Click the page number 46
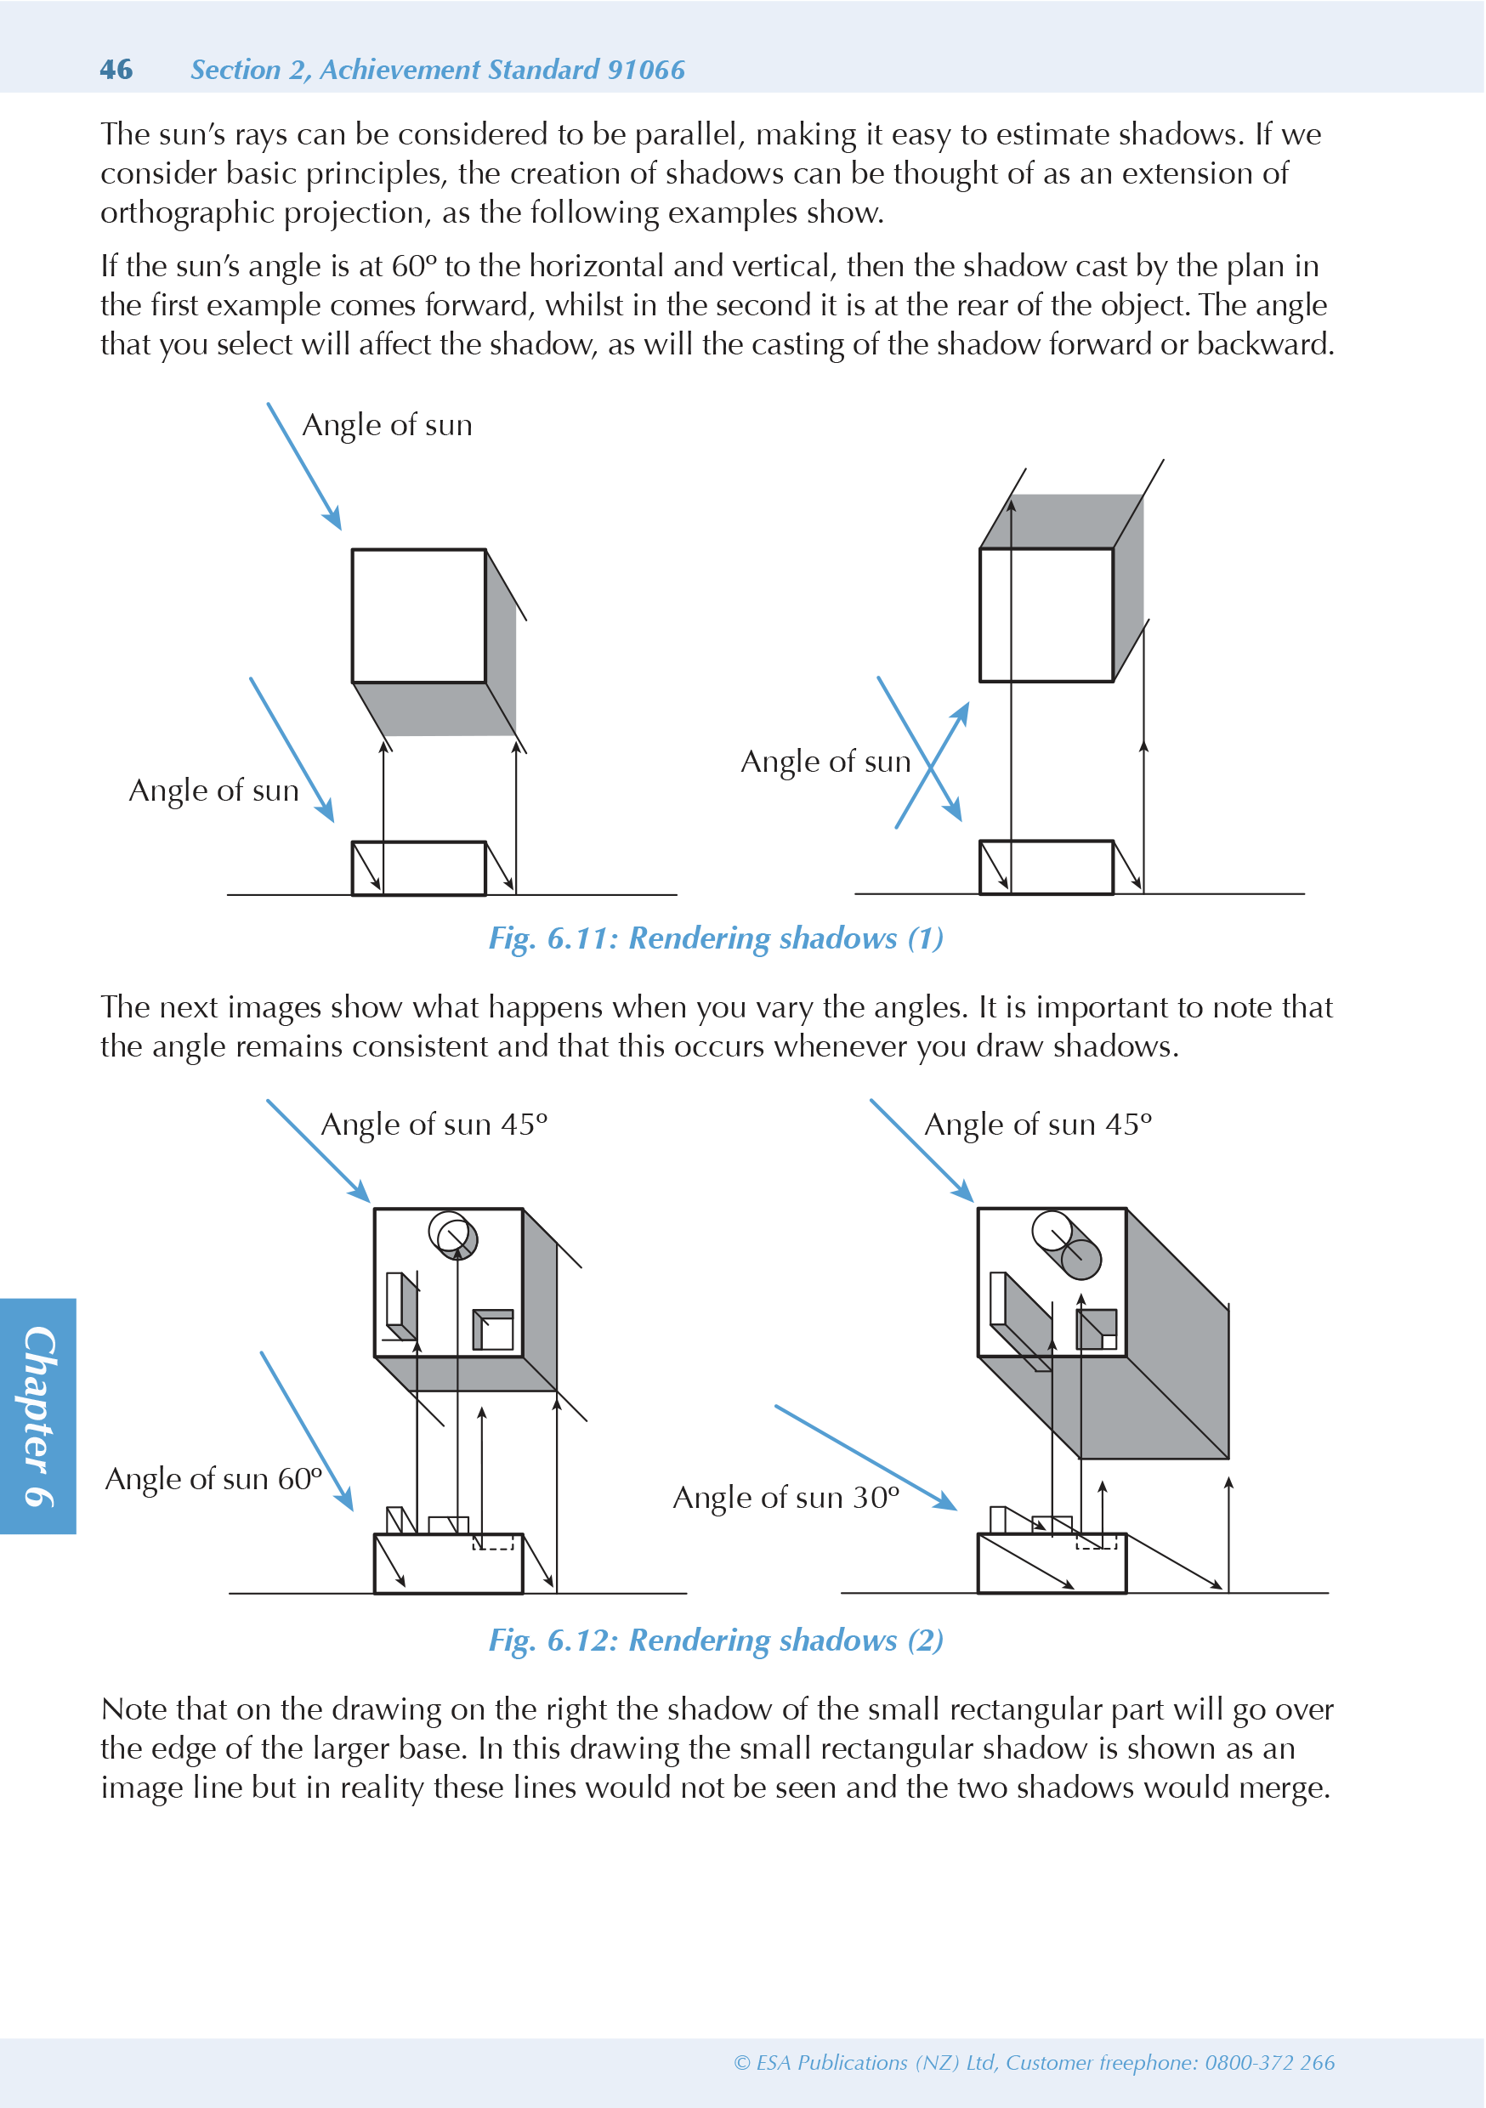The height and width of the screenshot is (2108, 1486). click(x=116, y=70)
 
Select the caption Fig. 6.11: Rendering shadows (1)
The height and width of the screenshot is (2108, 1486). click(x=716, y=938)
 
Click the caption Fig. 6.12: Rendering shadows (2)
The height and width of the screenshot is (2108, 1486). click(x=716, y=1640)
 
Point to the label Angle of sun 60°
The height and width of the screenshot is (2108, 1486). click(x=213, y=1479)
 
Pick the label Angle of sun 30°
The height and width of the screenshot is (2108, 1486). click(x=786, y=1498)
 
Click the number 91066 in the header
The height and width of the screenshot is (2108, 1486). click(x=645, y=70)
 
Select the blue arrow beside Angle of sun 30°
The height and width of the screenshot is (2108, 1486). click(x=865, y=1457)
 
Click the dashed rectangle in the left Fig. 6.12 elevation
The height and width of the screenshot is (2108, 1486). click(x=493, y=1542)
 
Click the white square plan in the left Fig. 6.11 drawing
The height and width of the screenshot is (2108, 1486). click(x=419, y=616)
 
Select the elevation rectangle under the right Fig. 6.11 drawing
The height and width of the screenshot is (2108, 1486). click(x=1046, y=867)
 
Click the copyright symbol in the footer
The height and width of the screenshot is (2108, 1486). click(x=742, y=2063)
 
